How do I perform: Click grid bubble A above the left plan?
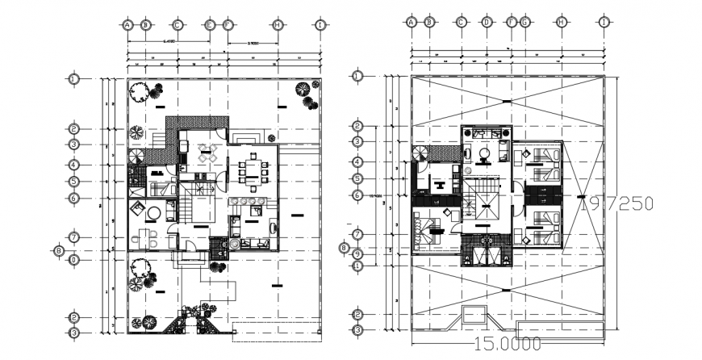(x=127, y=25)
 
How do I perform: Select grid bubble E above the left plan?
(x=209, y=25)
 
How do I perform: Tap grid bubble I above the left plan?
(x=320, y=25)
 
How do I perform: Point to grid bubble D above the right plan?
(x=487, y=23)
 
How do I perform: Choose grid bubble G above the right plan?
(x=525, y=23)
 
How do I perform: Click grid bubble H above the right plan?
(x=560, y=23)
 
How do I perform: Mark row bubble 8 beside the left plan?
(x=57, y=250)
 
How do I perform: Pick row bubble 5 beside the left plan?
(x=73, y=182)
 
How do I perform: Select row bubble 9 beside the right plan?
(x=357, y=254)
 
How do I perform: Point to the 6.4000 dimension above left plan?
(x=169, y=40)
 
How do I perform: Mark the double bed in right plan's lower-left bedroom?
(x=427, y=232)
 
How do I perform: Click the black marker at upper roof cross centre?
(x=507, y=101)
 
